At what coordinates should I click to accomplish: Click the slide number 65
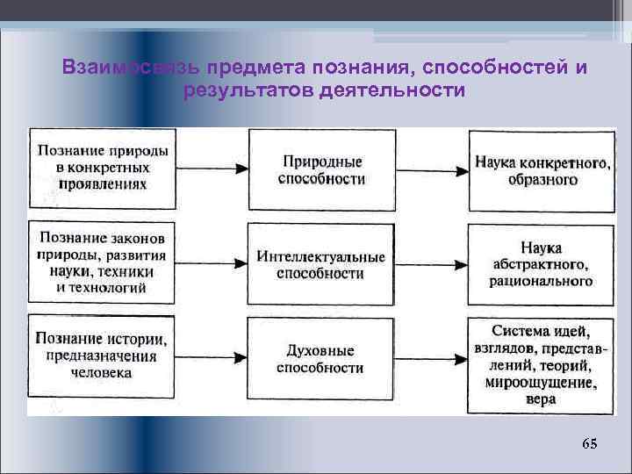click(589, 444)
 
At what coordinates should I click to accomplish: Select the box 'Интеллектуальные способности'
click(321, 265)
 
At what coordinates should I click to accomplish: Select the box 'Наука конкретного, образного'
click(542, 170)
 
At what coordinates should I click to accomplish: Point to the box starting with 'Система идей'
click(542, 363)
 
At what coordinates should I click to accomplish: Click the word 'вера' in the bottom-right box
click(542, 399)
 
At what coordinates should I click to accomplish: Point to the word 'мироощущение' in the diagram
click(542, 383)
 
